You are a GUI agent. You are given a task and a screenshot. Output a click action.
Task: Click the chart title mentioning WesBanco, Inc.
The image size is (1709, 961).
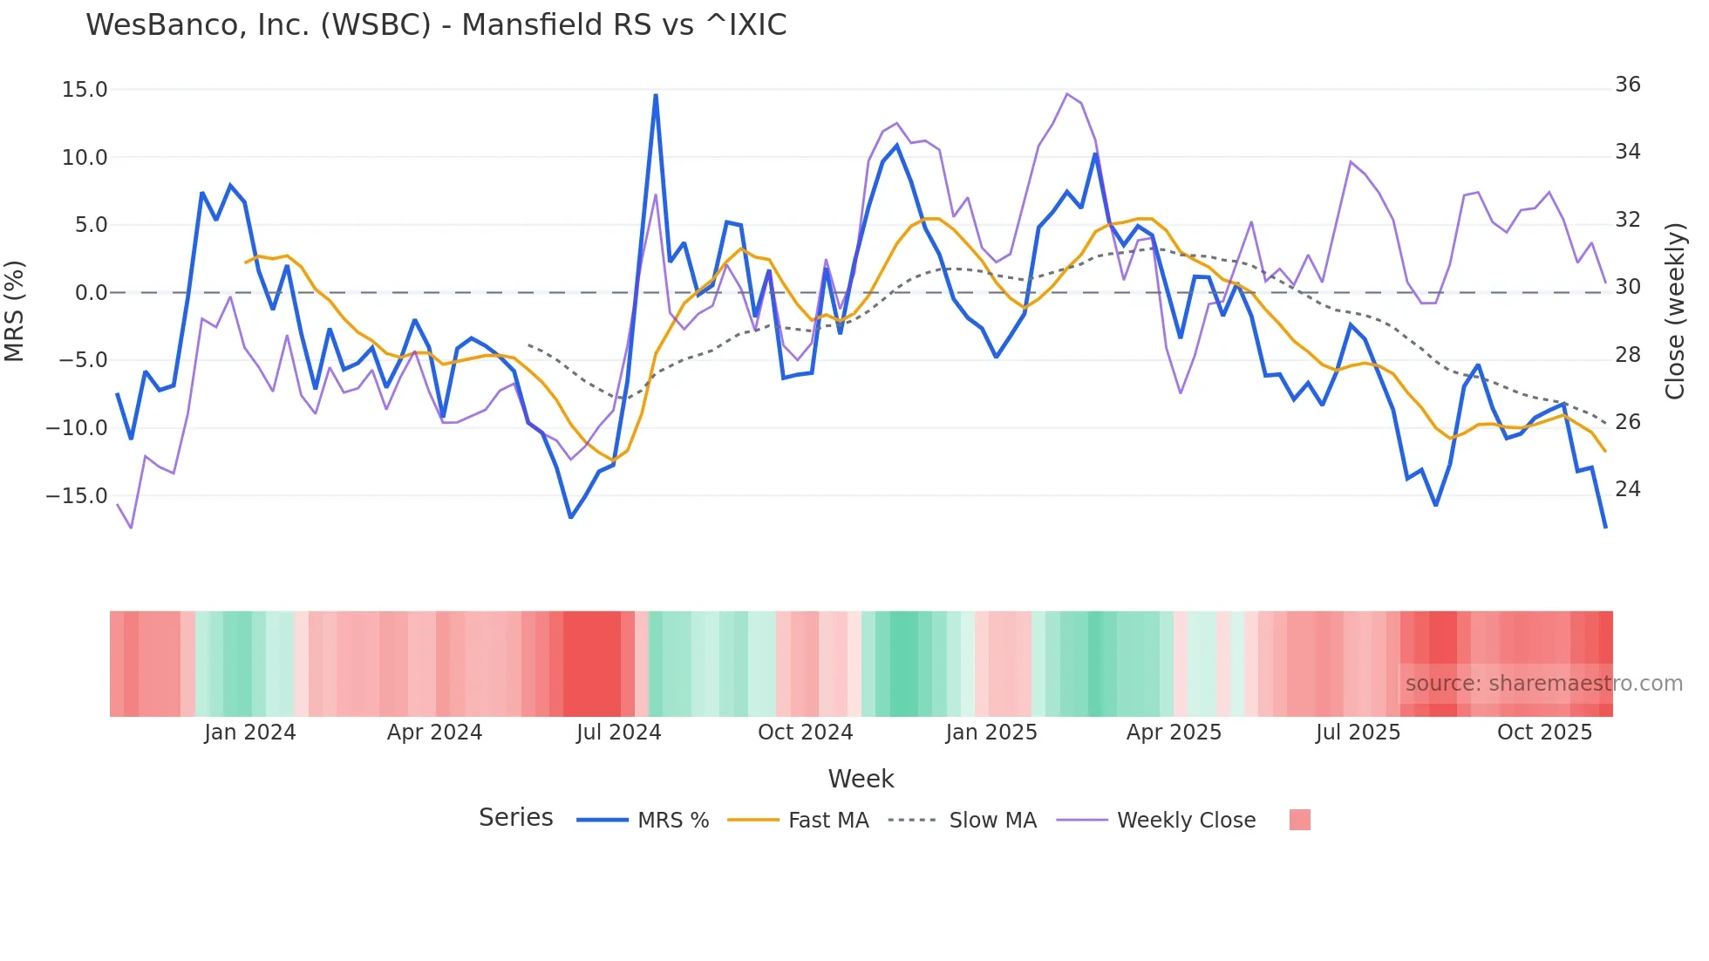[x=436, y=25]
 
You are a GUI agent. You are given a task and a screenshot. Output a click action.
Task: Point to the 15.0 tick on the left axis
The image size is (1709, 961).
[x=85, y=90]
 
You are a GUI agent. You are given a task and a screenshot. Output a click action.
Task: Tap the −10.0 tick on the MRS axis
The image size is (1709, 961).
[x=77, y=428]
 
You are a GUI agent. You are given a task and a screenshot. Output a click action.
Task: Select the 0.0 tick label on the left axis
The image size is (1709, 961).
[x=91, y=293]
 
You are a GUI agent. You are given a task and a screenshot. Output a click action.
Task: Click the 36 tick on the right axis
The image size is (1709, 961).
[x=1627, y=85]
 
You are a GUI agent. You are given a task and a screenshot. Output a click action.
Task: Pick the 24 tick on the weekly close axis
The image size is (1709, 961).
[x=1627, y=489]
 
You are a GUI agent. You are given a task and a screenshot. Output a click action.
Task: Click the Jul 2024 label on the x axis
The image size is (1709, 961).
[x=618, y=733]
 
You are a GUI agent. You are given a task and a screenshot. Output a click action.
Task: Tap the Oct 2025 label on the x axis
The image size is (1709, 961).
[x=1544, y=733]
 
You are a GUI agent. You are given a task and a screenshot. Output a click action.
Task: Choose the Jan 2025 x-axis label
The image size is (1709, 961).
[x=991, y=733]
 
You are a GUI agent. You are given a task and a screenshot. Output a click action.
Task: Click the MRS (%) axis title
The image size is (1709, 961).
[x=15, y=310]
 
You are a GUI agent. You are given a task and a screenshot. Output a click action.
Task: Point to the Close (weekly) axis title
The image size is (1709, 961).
[x=1674, y=311]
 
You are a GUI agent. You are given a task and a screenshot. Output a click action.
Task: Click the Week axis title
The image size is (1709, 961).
[x=861, y=779]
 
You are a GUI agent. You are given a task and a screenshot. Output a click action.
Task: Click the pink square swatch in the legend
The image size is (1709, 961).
[x=1299, y=820]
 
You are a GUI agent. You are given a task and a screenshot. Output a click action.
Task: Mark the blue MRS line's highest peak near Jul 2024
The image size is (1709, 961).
[x=656, y=95]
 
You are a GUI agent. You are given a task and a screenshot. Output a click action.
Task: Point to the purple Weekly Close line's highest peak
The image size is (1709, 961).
[x=1067, y=94]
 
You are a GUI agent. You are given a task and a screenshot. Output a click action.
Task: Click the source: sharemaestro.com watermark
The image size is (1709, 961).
[x=1543, y=684]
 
